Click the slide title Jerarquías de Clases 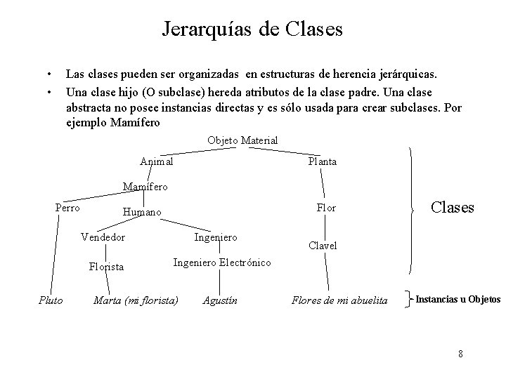(x=252, y=29)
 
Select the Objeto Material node (x=242, y=141)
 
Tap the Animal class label (x=157, y=161)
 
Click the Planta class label (x=323, y=161)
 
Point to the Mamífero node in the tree (x=145, y=187)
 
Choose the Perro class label (x=67, y=208)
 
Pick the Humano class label (x=141, y=212)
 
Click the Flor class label (x=326, y=208)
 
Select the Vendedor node (x=103, y=237)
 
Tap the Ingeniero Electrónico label (x=222, y=262)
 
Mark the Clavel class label (x=323, y=246)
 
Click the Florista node (x=106, y=267)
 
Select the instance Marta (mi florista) (x=136, y=300)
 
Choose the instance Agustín (x=220, y=300)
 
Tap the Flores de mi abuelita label (x=339, y=300)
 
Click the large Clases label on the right (x=452, y=208)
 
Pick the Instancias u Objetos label (x=458, y=300)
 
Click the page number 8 (x=460, y=352)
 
